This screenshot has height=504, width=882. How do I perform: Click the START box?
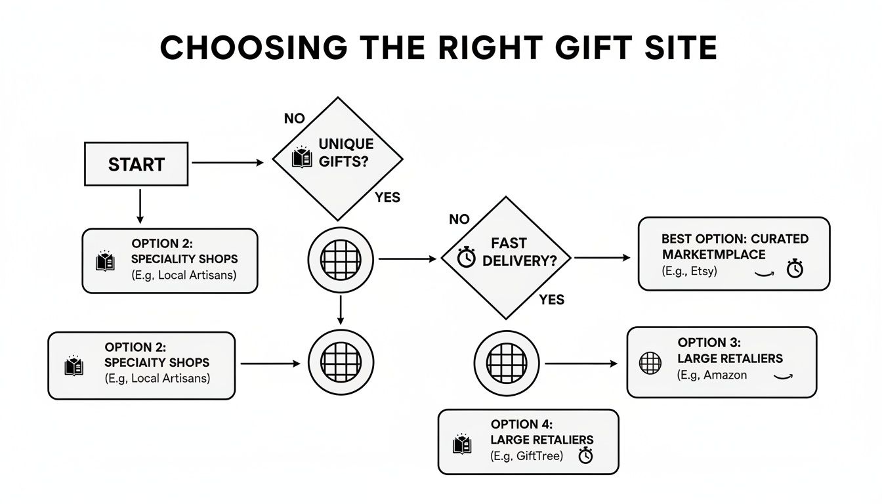[x=136, y=163]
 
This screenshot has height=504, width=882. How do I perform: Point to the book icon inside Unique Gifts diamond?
[x=302, y=157]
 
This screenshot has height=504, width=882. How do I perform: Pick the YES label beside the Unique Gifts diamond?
[x=387, y=197]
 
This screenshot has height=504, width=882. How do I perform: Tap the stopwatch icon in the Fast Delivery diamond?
[x=467, y=257]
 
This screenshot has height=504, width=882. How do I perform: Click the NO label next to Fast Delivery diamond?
[x=460, y=219]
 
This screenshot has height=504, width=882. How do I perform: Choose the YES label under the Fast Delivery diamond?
[x=551, y=299]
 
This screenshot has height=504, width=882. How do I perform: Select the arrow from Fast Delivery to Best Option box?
[x=601, y=258]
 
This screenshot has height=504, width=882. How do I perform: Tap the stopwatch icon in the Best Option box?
[x=795, y=268]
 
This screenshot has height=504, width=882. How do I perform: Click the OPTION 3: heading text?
[x=709, y=343]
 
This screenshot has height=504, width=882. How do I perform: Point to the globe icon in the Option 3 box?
[x=650, y=363]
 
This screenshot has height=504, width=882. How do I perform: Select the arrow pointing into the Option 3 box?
[x=581, y=363]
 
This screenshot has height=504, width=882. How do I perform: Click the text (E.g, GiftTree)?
[x=526, y=455]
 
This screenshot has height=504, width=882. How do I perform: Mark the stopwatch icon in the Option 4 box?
[x=585, y=455]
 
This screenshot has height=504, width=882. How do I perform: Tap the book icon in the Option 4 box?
[x=462, y=444]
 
